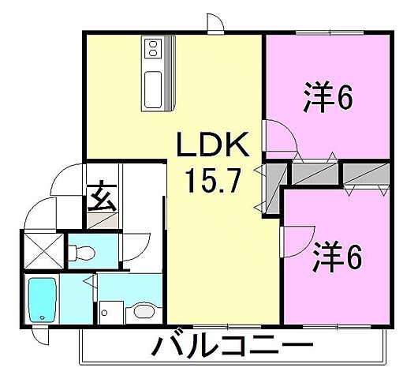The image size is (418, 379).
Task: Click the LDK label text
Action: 212,148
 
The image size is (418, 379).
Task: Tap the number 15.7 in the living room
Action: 211,183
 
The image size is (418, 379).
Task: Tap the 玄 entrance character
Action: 102,196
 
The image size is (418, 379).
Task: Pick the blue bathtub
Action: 41,298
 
